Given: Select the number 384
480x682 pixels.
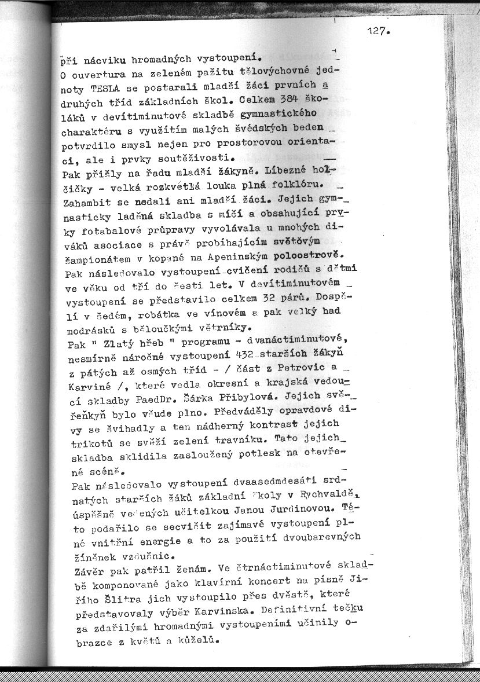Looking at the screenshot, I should coord(290,100).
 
